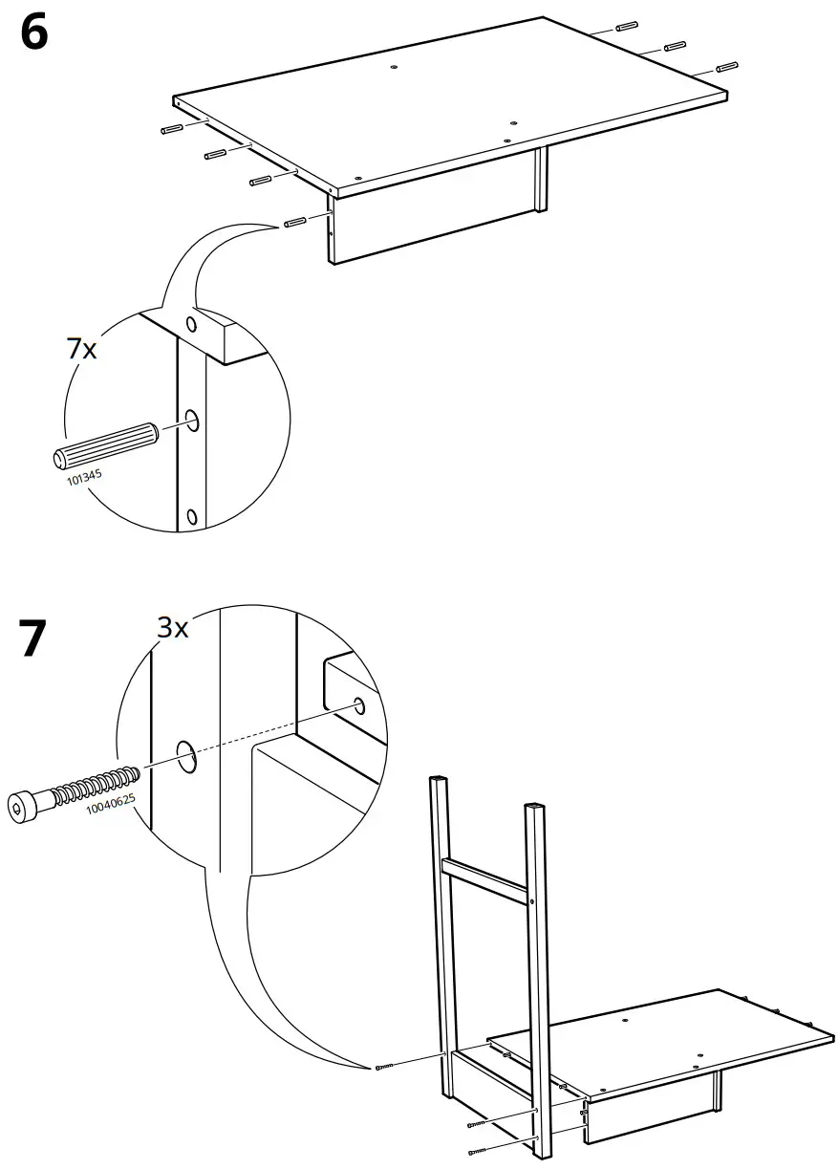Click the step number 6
[x=32, y=35]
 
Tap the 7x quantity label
[x=82, y=350]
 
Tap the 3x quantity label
[x=174, y=628]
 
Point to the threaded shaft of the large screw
[x=94, y=784]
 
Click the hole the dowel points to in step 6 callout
[x=191, y=420]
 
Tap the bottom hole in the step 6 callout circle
[x=191, y=517]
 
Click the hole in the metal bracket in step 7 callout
[x=359, y=706]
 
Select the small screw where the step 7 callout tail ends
[x=385, y=1067]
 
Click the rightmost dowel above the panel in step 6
[x=725, y=67]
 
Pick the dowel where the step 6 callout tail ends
[x=294, y=223]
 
